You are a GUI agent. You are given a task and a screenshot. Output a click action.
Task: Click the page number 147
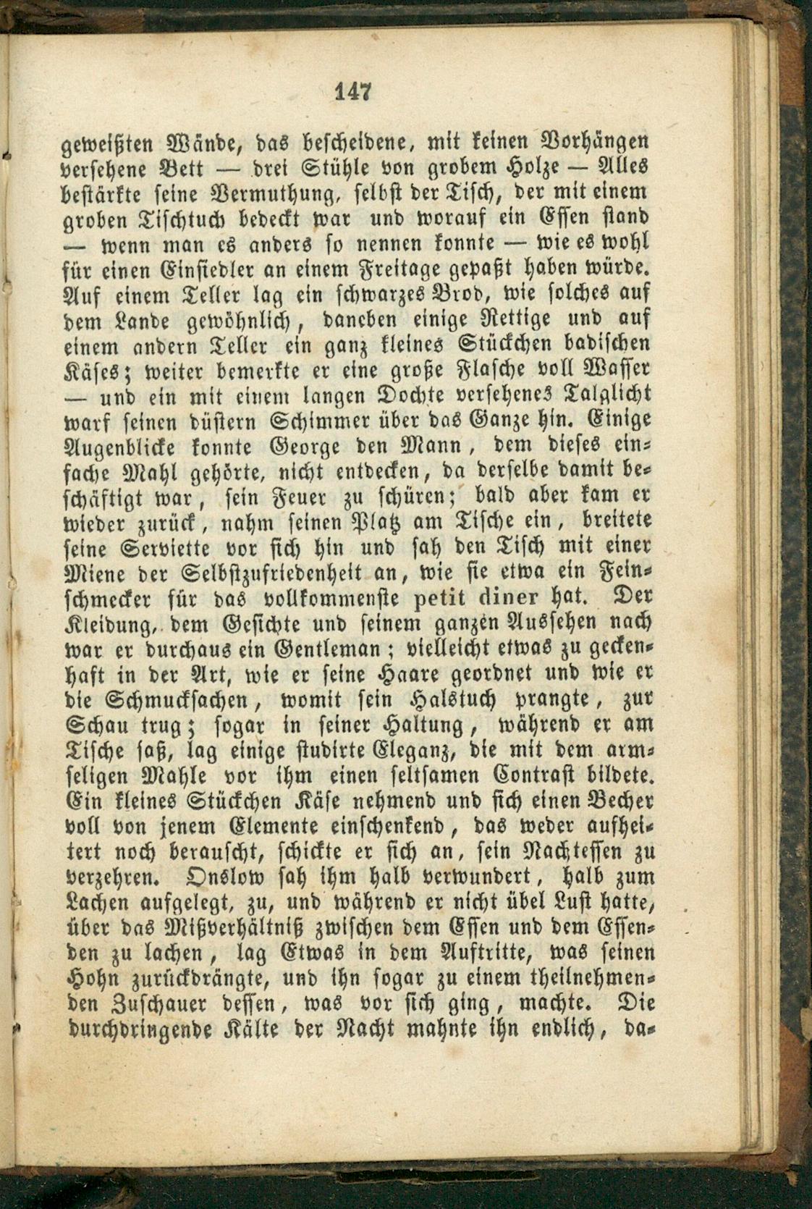(353, 92)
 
